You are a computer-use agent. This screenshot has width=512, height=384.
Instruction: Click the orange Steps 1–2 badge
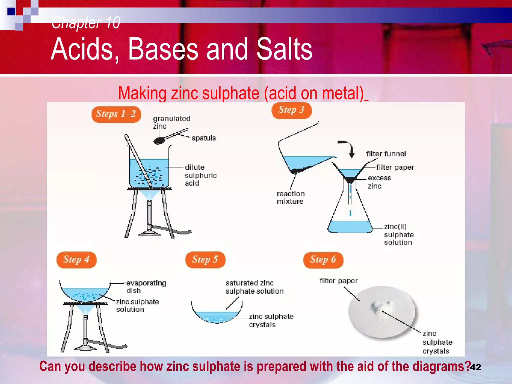click(116, 114)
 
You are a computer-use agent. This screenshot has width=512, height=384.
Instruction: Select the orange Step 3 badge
click(291, 110)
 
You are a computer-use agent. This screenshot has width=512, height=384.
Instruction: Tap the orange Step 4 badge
click(76, 259)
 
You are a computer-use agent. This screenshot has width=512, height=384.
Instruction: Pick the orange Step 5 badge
click(205, 259)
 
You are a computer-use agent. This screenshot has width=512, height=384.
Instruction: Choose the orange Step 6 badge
click(323, 259)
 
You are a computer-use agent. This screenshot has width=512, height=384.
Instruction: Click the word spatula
click(204, 138)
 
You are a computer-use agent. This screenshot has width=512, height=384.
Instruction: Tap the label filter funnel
click(386, 154)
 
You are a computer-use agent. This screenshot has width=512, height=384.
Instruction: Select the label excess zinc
click(379, 182)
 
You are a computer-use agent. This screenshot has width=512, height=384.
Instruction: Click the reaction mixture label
click(290, 197)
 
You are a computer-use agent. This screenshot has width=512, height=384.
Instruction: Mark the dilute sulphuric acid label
click(200, 175)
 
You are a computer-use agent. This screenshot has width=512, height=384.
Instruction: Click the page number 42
click(475, 367)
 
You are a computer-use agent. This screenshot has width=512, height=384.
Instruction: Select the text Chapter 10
click(86, 22)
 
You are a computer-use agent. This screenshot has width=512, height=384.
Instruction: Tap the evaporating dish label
click(146, 286)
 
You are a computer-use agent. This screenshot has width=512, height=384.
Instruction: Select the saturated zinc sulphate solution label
click(254, 287)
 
